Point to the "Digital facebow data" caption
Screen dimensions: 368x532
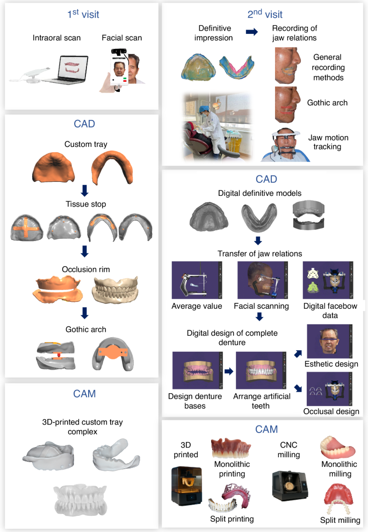click(x=327, y=310)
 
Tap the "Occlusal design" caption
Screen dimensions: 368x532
click(x=331, y=412)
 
